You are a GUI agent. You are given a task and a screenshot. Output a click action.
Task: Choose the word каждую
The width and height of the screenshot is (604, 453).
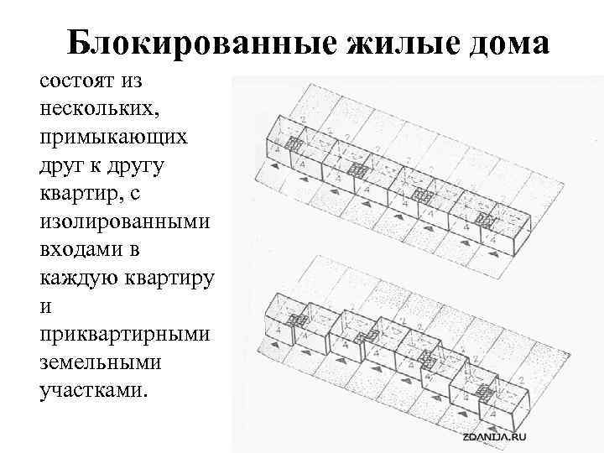pyautogui.click(x=80, y=279)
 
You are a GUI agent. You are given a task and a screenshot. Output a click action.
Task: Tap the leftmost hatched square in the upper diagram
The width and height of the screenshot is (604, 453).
pyautogui.click(x=294, y=143)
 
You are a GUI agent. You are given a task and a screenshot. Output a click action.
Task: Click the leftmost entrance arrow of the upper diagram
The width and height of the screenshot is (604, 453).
pyautogui.click(x=273, y=166)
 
